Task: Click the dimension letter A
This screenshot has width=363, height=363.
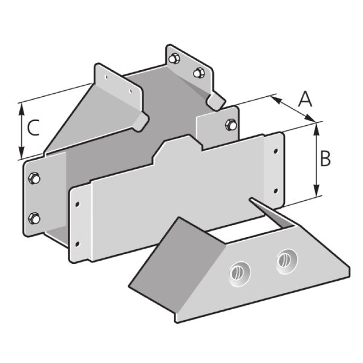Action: [x=306, y=99]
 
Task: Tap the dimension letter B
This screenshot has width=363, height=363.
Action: [x=325, y=158]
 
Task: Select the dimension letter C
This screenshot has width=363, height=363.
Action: [x=33, y=127]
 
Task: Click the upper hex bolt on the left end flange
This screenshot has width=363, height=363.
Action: [x=34, y=178]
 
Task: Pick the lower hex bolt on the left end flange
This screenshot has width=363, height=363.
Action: [x=34, y=218]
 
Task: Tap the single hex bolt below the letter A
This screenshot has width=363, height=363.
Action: [x=231, y=125]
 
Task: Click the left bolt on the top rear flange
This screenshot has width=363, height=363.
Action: [x=174, y=59]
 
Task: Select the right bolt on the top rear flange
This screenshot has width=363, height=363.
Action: [x=198, y=73]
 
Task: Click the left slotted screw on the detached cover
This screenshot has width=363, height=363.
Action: [x=240, y=274]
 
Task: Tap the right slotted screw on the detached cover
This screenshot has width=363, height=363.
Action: [x=287, y=261]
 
